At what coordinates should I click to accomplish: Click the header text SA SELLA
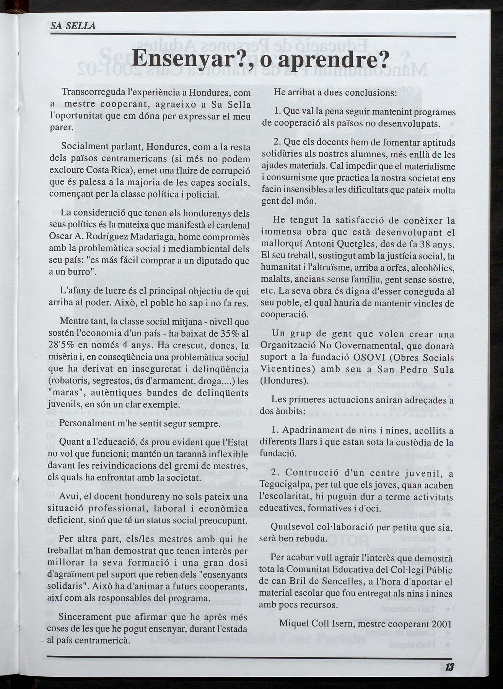coord(73,27)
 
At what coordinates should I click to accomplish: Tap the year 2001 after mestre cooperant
coord(441,623)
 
